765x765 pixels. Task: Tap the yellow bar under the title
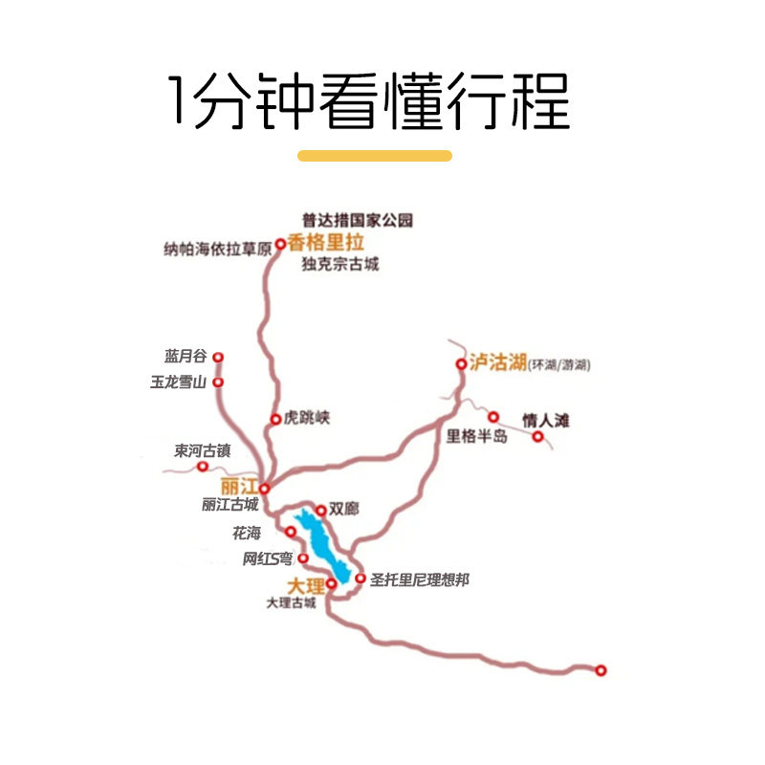pos(375,155)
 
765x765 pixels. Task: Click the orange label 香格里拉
pos(326,243)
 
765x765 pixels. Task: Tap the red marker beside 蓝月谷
pos(218,358)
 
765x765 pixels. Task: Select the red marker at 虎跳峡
pos(274,419)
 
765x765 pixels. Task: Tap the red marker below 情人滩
pos(538,437)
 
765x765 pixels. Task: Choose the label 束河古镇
pos(202,449)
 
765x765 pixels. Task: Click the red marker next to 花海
pos(291,532)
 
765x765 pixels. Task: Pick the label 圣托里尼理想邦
pos(419,579)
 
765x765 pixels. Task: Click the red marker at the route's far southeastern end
pos(601,670)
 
